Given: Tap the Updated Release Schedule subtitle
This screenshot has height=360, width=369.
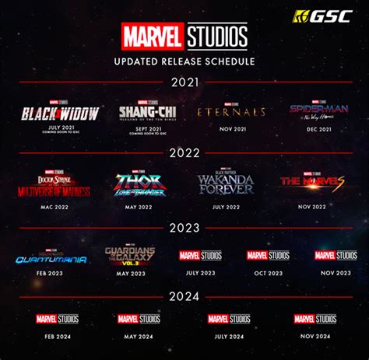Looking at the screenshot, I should [x=184, y=61].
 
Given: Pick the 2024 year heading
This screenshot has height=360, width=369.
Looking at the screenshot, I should [x=184, y=296].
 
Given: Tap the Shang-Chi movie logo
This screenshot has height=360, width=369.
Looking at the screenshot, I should [x=148, y=112].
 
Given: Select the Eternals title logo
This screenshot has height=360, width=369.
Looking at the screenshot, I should [x=231, y=112].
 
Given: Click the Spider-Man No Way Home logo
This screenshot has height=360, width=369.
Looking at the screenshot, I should [x=319, y=110].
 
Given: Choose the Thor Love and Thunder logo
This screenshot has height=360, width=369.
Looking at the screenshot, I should [x=141, y=185].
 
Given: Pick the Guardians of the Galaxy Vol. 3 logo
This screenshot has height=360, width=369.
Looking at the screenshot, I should [x=131, y=256].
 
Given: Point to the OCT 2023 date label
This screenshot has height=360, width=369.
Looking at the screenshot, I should [x=268, y=272].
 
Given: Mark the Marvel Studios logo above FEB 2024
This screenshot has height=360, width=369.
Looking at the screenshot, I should [x=57, y=319].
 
